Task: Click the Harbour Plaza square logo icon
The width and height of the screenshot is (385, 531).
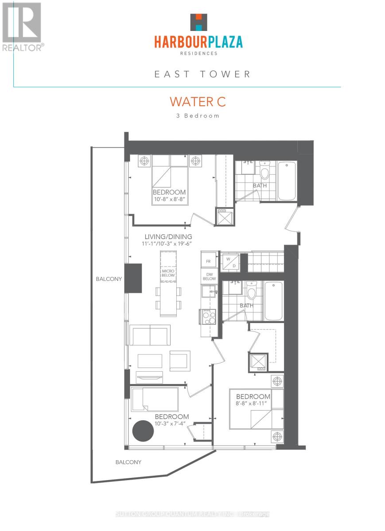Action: (x=198, y=23)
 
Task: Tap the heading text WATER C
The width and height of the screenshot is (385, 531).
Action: (x=198, y=101)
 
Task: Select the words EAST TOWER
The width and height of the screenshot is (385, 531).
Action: (x=202, y=74)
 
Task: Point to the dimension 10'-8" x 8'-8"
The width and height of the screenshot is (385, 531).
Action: (x=169, y=200)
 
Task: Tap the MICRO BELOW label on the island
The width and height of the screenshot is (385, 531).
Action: (x=168, y=273)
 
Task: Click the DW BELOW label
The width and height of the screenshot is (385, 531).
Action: (x=209, y=277)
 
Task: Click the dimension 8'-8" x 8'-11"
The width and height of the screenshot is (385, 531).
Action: (x=253, y=404)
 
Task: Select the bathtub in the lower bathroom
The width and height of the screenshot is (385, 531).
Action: (x=273, y=301)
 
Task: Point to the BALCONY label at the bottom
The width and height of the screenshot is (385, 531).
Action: (x=128, y=462)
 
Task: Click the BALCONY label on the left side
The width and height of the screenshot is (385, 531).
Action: (x=109, y=279)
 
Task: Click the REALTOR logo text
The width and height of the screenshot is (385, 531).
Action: (x=23, y=47)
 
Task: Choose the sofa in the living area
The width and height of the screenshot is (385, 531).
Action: (x=150, y=335)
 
